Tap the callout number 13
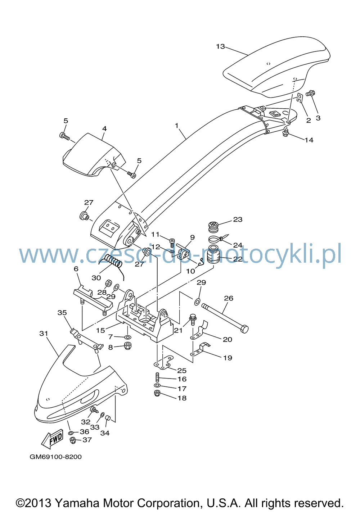[220, 47]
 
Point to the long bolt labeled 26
[225, 318]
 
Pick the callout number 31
[44, 334]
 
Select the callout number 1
[176, 126]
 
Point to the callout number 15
[100, 331]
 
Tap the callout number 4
[104, 129]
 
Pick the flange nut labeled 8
[127, 346]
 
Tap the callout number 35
[62, 313]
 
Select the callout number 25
[182, 370]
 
